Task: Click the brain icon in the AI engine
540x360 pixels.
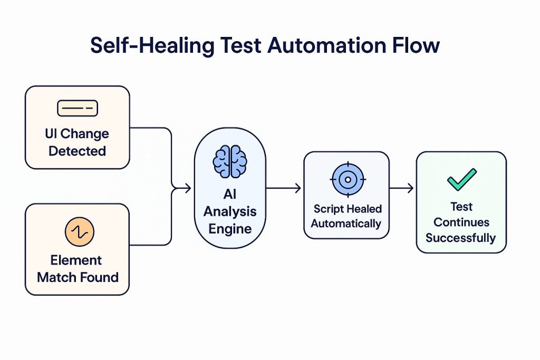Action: [x=229, y=161]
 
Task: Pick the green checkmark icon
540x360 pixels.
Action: [x=461, y=180]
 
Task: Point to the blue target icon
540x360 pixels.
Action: [x=347, y=180]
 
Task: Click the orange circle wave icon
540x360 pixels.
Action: [x=79, y=231]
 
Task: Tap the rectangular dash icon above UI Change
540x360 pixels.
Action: [x=78, y=109]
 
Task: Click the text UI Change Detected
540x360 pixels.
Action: [x=78, y=142]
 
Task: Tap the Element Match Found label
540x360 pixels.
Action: [x=78, y=269]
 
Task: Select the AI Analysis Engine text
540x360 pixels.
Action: [x=230, y=212]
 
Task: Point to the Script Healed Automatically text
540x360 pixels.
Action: [x=346, y=216]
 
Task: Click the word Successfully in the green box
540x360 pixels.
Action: [x=461, y=238]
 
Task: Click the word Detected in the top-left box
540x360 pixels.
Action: [x=78, y=151]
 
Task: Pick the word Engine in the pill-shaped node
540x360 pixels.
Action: [x=230, y=229]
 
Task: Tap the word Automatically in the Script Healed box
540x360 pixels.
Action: [x=346, y=223]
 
